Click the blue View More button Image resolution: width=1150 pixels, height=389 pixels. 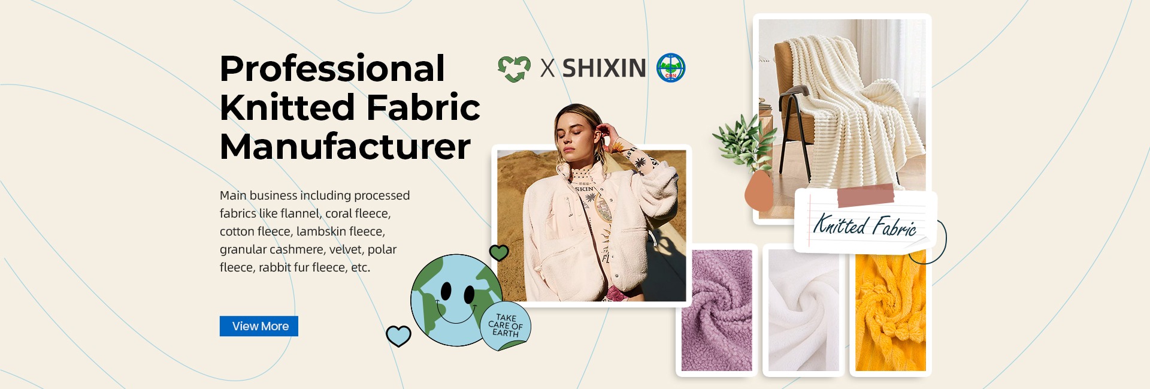coord(259,326)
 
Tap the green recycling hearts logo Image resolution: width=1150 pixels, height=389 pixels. coord(514,68)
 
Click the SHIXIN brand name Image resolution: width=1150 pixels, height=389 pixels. coord(604,68)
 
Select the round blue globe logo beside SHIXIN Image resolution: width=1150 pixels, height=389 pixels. coord(671,68)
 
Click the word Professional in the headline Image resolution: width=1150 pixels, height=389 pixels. coord(332,69)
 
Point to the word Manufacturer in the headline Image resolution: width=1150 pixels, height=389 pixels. coord(345,146)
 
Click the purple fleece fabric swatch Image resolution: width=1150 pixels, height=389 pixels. coord(717,310)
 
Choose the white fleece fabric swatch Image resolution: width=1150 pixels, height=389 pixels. coord(803,310)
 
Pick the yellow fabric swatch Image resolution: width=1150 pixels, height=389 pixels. coord(890,310)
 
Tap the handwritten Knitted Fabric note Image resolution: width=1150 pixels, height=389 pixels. coord(865,225)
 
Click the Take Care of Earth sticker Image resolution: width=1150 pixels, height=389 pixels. coord(506,327)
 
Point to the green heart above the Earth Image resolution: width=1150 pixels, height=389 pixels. coord(499,252)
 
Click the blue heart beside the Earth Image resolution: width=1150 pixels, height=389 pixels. coord(398,336)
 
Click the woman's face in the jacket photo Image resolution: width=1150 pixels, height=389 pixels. coord(574,140)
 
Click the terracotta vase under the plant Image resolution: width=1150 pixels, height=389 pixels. coord(759,190)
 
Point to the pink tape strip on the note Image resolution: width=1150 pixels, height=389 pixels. coord(865,196)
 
